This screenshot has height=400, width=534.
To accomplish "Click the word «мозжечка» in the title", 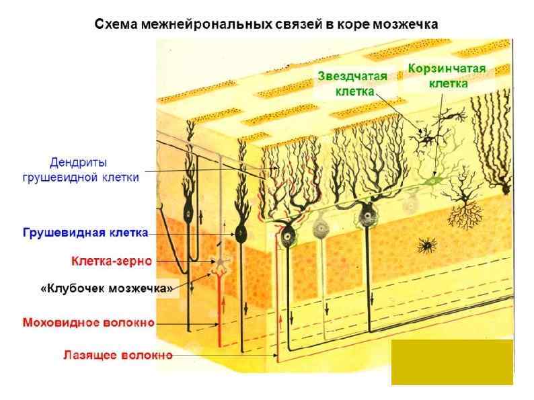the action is pos(404,24).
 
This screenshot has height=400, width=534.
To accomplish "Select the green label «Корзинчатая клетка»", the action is pos(447,76).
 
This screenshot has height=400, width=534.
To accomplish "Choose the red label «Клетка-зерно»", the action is pos(112,261).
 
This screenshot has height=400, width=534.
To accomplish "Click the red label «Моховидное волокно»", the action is pos(89,323).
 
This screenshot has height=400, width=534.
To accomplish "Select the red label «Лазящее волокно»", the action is pos(118,354).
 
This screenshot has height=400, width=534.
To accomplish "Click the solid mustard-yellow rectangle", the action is pos(452,362).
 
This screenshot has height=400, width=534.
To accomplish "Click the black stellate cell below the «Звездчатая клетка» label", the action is pos(423,138).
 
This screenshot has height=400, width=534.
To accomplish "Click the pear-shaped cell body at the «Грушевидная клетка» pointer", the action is pos(239,234).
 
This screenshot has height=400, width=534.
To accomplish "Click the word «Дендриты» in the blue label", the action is pos(79,163).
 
